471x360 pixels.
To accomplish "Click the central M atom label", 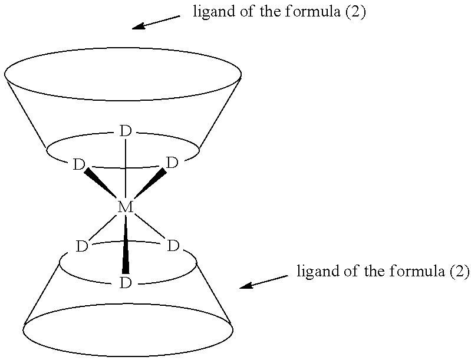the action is (x=125, y=207).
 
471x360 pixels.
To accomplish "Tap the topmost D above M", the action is (x=125, y=131).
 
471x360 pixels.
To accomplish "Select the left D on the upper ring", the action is (x=79, y=164).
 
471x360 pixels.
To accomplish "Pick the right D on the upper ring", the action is (x=172, y=163).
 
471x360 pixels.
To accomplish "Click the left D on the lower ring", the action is (x=82, y=246).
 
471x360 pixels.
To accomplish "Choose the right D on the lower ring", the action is (x=173, y=246).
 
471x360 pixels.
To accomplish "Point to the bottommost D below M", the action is (x=126, y=283).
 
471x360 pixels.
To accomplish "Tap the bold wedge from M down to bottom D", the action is (x=126, y=245).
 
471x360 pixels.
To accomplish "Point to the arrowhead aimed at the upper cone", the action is (x=139, y=27).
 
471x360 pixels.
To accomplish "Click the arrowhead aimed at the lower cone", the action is (x=246, y=285).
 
